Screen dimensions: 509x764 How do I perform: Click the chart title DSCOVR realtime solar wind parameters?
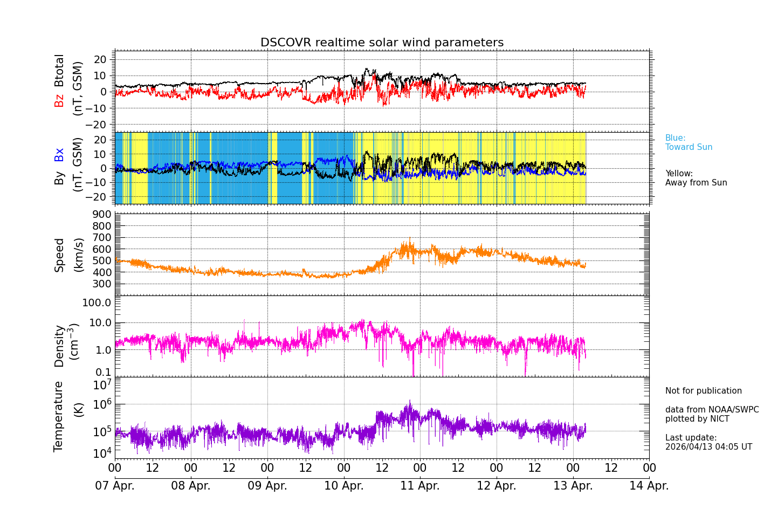pos(382,43)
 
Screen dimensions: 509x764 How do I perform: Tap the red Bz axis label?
pos(59,100)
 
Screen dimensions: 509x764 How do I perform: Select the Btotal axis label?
pos(59,70)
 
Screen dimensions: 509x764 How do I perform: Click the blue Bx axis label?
pos(59,154)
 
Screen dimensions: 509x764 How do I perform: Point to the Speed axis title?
pos(59,255)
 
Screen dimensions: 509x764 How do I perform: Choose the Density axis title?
pos(59,346)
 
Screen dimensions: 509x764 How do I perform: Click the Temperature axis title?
pos(59,416)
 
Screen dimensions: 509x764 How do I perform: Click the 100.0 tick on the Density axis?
pos(97,302)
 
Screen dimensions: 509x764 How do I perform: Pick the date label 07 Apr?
pos(115,486)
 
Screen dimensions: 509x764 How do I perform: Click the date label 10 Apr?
pos(344,486)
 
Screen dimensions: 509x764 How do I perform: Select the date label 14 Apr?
pos(649,486)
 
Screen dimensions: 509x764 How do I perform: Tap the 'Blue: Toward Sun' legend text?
pos(689,143)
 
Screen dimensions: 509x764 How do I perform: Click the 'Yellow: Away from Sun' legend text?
pos(696,178)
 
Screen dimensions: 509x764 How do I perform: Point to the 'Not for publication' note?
pos(703,391)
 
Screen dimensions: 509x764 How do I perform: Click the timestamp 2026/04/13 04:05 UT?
pos(708,447)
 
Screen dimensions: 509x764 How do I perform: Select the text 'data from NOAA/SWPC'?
pos(712,410)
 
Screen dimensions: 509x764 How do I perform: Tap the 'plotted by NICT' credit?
pos(697,419)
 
